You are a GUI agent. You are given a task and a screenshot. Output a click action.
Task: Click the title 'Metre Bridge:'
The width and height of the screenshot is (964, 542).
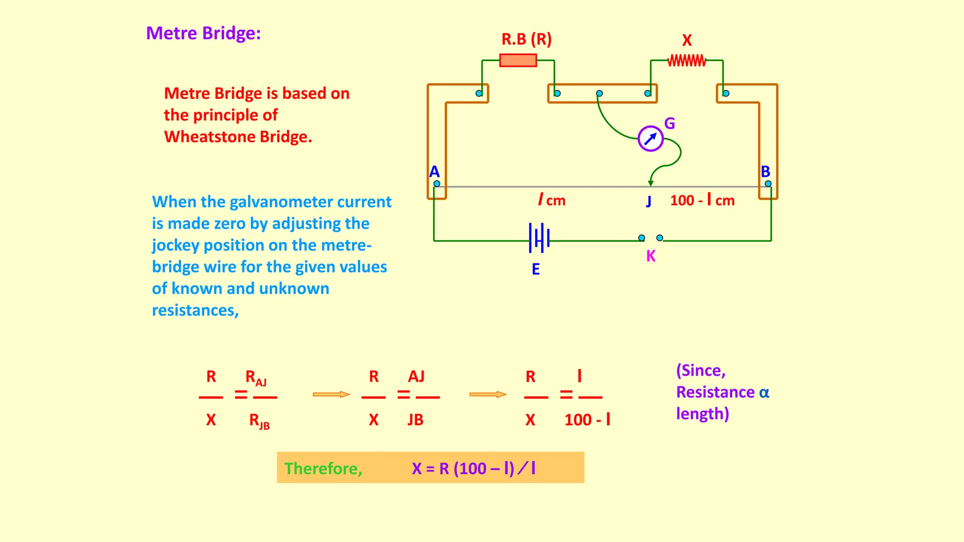pos(203,33)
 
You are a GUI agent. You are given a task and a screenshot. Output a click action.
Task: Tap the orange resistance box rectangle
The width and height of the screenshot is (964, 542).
pos(518,60)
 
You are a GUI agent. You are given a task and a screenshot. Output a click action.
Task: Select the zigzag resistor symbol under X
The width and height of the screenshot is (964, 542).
pos(687,61)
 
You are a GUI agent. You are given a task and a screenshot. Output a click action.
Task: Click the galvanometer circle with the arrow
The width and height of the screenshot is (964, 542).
pos(651,138)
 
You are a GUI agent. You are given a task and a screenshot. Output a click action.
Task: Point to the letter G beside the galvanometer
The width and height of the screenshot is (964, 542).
pos(669,123)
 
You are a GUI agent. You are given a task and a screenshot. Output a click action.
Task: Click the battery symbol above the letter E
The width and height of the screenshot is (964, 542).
pos(539,238)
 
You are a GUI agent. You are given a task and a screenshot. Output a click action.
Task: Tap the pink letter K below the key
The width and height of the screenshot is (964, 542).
pos(651,256)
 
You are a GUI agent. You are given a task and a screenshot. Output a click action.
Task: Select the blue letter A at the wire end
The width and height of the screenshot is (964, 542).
pos(434,171)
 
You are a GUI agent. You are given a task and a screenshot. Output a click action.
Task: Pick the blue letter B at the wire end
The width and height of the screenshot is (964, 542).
pos(765,171)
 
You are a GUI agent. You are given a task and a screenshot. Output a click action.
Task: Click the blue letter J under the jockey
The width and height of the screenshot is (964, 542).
pos(649,201)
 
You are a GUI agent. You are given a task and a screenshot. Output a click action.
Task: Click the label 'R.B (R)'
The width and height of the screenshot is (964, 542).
pos(526,39)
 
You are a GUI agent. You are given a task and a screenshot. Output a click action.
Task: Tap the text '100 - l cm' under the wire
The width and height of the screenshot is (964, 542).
pos(702,200)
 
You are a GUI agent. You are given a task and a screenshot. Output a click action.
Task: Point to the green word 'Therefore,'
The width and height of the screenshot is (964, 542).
pos(323,469)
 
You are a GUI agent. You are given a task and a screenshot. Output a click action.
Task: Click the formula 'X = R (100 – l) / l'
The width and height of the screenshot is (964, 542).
pos(474,469)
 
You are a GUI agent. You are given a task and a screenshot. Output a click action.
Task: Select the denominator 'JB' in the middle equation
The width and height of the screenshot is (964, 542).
pos(415,420)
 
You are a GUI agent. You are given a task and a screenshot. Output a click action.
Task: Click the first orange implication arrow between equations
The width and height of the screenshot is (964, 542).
pos(331,394)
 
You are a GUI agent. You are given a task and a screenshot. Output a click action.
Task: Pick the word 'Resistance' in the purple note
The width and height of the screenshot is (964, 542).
pos(715,392)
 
